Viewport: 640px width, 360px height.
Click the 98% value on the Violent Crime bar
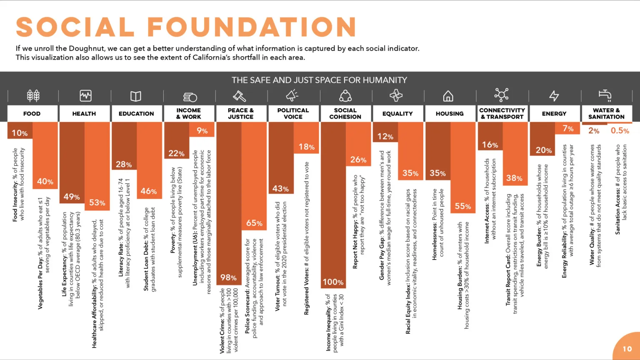coord(228,277)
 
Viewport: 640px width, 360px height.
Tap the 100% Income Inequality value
coord(333,282)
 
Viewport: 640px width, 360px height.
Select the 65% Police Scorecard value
coord(254,223)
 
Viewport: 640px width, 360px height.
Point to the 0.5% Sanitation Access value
coord(620,131)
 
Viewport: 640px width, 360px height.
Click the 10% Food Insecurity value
coord(20,133)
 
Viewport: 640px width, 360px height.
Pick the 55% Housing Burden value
coord(462,206)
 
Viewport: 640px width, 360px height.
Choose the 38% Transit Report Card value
coord(514,178)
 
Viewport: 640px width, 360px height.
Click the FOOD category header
coord(32,113)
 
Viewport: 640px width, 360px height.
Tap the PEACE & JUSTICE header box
coord(241,113)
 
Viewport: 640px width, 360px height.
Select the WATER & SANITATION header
coord(606,113)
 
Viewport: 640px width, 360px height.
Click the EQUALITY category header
coord(397,113)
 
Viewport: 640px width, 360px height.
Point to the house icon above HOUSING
coord(448,96)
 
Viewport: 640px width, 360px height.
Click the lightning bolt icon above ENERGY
coord(554,96)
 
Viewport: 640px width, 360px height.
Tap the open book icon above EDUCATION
coord(136,96)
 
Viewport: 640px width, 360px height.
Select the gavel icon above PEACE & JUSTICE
coord(240,96)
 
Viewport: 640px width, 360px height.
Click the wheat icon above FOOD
coord(33,96)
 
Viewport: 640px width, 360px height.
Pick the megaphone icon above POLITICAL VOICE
coord(292,96)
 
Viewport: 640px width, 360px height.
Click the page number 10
coord(627,349)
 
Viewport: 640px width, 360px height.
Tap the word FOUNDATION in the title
coord(252,27)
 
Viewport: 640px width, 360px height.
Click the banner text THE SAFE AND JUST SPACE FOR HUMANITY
coord(319,80)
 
